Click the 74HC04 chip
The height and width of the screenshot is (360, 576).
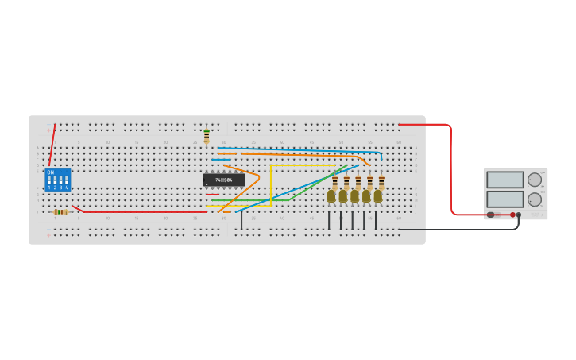[x=223, y=180]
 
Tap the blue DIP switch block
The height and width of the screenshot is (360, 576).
[x=57, y=180]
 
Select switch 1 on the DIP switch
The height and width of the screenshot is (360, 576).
[x=49, y=181]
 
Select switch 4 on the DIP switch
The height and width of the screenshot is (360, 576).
[x=66, y=181]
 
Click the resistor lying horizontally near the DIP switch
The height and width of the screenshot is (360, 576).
[x=60, y=212]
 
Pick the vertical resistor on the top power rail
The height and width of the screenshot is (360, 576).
[x=207, y=136]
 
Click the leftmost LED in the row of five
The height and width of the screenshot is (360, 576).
[x=331, y=195]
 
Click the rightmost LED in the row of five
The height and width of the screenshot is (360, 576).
[x=378, y=195]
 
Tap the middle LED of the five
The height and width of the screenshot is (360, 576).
[x=354, y=195]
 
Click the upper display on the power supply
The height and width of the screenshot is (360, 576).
[x=504, y=180]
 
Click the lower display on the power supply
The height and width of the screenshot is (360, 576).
[x=504, y=199]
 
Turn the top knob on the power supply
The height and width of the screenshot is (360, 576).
[x=535, y=180]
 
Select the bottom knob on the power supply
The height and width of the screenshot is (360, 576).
[x=535, y=199]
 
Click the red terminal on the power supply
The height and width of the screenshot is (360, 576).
[x=512, y=215]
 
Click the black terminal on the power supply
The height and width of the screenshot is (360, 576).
[x=519, y=215]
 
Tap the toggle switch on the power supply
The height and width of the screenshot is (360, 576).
[x=491, y=215]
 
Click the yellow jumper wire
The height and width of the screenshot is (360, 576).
[x=271, y=183]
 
